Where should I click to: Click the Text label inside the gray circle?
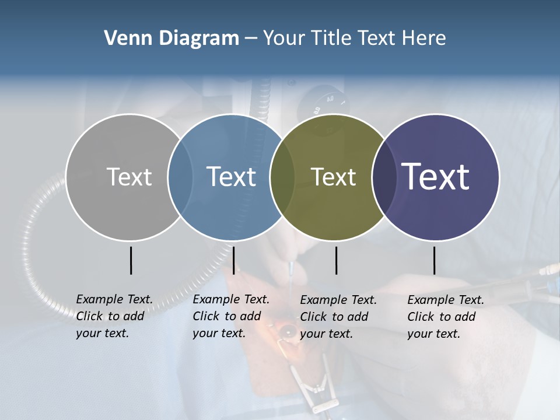(129, 177)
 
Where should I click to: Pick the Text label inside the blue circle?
(232, 177)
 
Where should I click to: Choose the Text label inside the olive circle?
(333, 177)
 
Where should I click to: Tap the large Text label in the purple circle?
(436, 177)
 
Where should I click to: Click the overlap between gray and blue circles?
(180, 177)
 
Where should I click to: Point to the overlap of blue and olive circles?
(282, 177)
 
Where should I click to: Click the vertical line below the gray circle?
(131, 260)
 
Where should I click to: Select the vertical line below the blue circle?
(233, 260)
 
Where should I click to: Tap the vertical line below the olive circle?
(336, 260)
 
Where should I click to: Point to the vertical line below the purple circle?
(434, 260)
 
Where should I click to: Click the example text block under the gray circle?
(114, 316)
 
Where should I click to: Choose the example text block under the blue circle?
(231, 316)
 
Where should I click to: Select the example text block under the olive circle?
(338, 317)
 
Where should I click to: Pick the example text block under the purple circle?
(446, 317)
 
